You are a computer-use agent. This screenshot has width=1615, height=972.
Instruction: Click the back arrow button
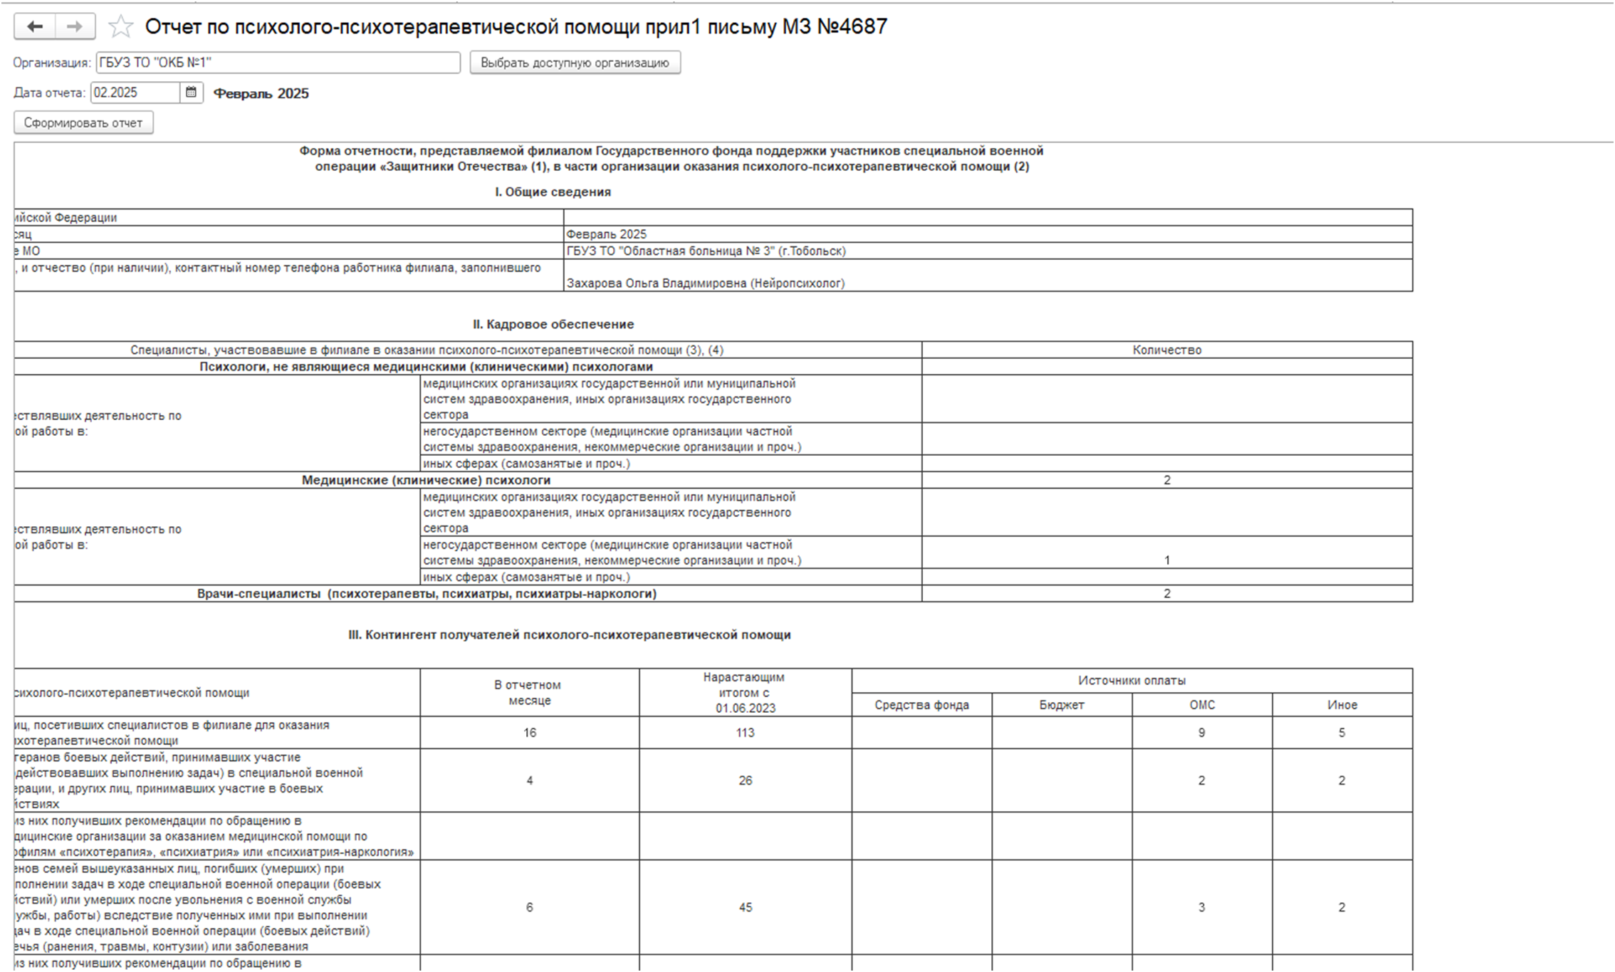34,27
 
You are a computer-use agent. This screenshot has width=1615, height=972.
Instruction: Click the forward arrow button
75,27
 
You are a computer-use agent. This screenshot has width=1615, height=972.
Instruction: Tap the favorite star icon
120,27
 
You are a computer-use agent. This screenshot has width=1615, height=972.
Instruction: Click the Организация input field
278,63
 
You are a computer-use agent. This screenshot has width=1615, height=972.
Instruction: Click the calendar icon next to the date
191,93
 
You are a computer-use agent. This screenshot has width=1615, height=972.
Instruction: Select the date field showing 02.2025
135,93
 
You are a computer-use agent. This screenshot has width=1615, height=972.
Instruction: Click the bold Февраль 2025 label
261,93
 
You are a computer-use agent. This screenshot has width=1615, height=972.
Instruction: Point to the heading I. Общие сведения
553,192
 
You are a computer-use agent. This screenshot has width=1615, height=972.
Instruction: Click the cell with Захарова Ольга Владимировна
705,283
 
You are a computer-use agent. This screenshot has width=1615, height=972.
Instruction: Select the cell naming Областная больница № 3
706,251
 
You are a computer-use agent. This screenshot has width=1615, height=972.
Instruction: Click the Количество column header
1166,350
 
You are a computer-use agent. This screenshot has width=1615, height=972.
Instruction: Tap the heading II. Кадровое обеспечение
553,324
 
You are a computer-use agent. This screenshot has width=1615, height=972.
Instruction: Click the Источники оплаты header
1131,680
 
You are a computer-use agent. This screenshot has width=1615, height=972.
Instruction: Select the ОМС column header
1202,704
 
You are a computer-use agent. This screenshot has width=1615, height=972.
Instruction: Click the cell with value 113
745,732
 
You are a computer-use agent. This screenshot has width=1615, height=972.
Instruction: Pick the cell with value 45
745,906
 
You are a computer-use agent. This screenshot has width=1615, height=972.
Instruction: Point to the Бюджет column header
1061,704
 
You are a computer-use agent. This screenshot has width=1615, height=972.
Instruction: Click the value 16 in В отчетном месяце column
529,732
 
